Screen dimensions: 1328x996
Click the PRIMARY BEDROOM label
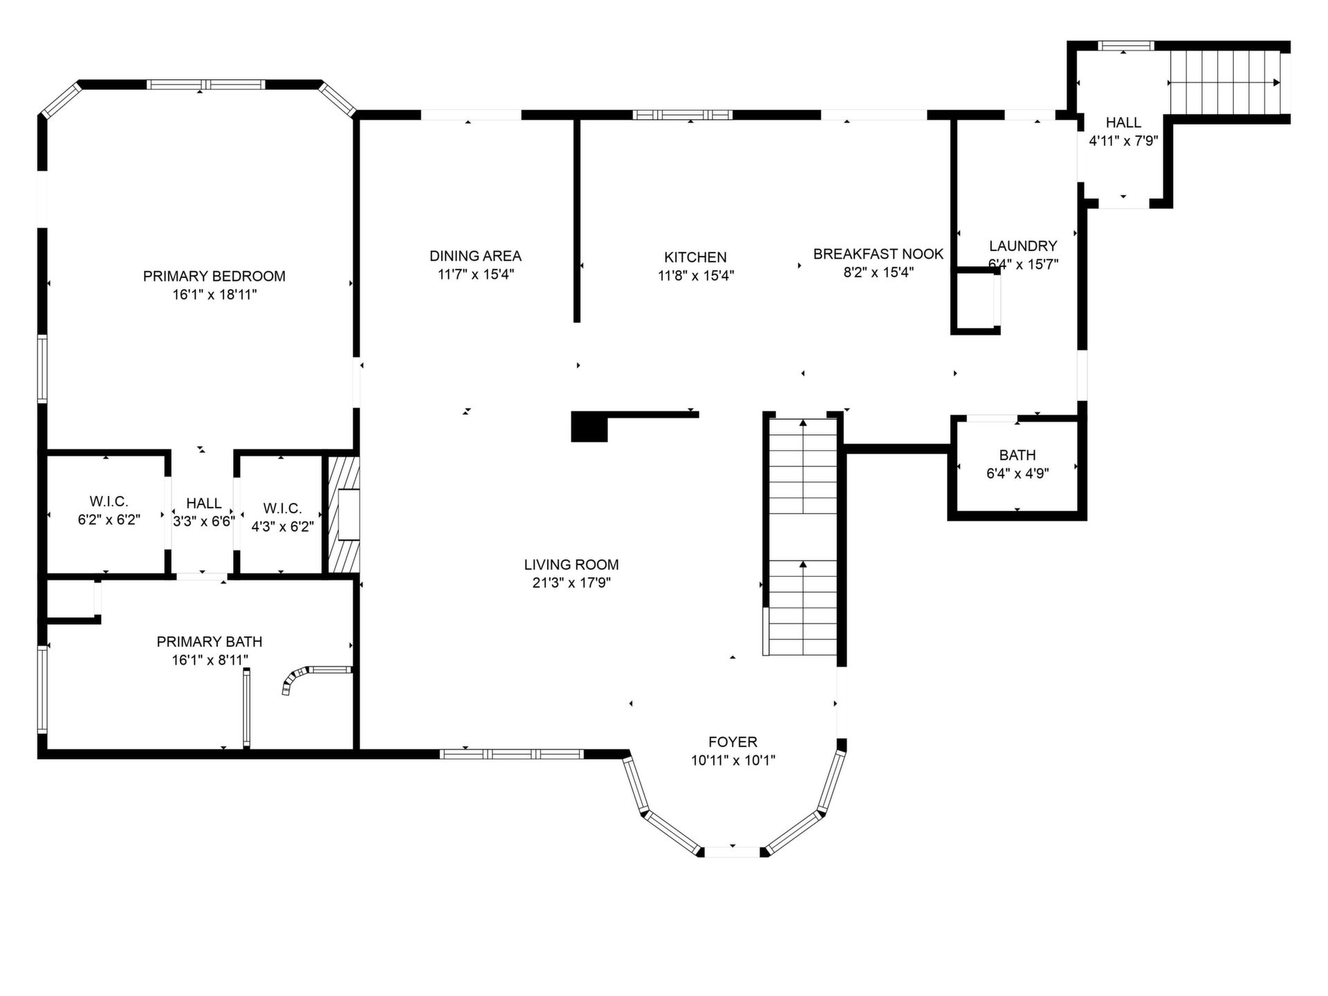pos(214,276)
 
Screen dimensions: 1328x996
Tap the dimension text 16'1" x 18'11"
pos(214,295)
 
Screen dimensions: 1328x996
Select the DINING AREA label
pos(475,256)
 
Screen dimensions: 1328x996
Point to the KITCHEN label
pos(695,257)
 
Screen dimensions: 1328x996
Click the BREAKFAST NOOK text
pos(878,254)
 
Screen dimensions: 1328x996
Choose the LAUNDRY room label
pos(1023,246)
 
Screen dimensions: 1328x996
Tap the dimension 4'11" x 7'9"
pos(1123,141)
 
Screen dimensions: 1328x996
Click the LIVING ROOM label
pos(571,564)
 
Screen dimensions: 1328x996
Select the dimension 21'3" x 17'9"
pos(571,583)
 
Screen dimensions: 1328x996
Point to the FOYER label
pos(732,742)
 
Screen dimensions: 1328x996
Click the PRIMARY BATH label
pos(210,642)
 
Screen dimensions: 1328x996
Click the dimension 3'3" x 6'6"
pos(204,522)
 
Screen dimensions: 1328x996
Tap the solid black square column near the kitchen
pos(589,427)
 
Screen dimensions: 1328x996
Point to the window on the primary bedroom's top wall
pos(205,84)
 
